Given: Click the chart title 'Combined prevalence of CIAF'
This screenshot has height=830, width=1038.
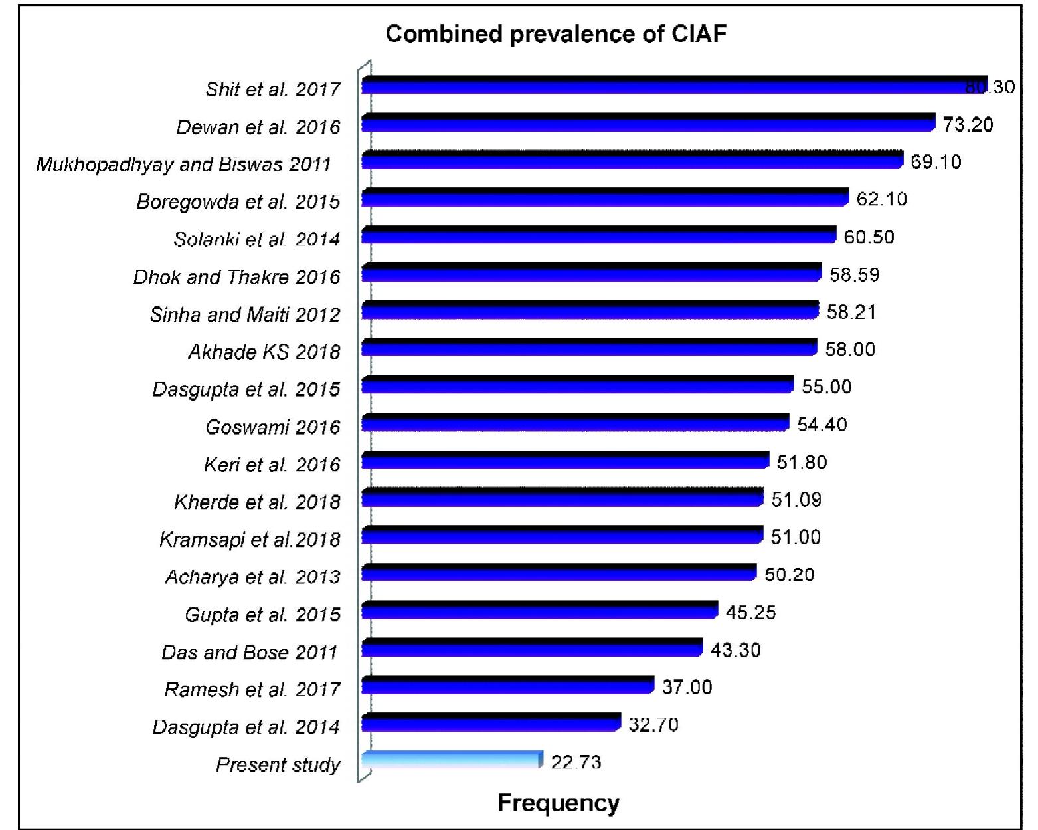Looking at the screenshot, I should point(556,33).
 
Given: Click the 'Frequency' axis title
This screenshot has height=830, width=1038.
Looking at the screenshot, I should point(558,803).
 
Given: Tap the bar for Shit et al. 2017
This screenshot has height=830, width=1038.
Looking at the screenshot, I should point(674,85).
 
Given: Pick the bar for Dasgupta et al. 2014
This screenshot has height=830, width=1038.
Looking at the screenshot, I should point(491,722).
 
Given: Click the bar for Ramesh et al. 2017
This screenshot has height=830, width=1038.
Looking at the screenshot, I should point(507,685).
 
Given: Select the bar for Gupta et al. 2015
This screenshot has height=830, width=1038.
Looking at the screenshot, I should point(539,610).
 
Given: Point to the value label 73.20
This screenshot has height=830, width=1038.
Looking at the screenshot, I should point(968,124).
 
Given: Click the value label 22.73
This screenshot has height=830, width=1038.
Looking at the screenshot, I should point(576,762).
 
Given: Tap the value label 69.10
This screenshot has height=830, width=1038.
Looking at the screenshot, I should point(936,162).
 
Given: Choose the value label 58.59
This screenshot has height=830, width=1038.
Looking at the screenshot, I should point(855,274).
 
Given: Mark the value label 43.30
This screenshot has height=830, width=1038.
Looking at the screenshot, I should point(735,649).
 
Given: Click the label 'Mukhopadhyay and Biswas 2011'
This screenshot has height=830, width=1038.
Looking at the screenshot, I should point(183,165).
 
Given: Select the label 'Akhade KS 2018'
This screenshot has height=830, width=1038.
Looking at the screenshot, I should point(264,352).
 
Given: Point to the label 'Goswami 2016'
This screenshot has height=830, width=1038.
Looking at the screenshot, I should point(272,427).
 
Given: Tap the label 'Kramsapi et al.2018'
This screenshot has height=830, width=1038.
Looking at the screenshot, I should point(250,539).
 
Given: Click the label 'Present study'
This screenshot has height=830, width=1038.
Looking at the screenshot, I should point(278,764).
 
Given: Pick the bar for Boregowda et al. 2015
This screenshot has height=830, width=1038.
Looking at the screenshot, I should point(605,198).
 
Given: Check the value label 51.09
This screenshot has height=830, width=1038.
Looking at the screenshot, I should point(796,500).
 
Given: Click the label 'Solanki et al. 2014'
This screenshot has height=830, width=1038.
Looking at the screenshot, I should point(256,239).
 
